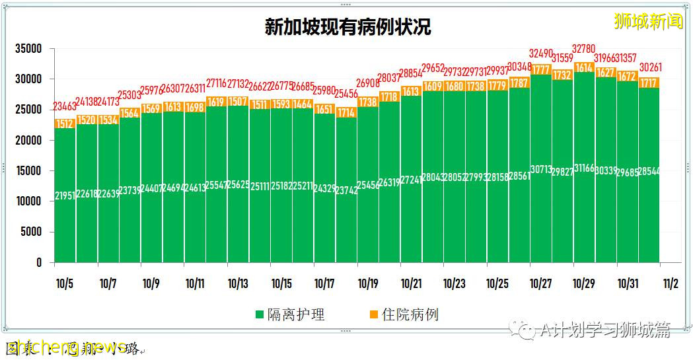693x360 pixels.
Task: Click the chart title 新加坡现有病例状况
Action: coord(347,27)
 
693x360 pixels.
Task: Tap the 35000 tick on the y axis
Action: coord(29,49)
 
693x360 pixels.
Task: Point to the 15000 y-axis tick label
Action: coord(29,171)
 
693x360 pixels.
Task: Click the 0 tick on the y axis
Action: coord(39,262)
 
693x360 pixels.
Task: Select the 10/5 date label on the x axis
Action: coord(65,284)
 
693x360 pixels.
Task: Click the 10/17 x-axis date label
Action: coord(324,284)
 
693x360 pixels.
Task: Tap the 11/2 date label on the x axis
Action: coord(671,284)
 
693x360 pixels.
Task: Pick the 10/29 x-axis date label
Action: coord(584,284)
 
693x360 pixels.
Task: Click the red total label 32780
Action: coord(584,49)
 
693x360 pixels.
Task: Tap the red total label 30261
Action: coord(649,67)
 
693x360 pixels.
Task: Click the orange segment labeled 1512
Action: coord(65,124)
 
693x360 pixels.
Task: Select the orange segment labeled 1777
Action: coord(540,70)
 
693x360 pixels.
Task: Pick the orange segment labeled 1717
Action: coord(649,83)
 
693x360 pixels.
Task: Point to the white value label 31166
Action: coord(584,168)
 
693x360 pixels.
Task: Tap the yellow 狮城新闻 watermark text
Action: coord(648,21)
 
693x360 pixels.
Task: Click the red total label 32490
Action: coord(540,53)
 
